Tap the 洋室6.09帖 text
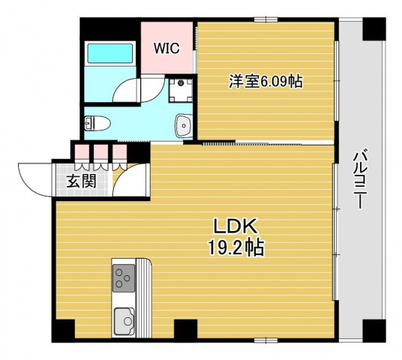tap(265, 82)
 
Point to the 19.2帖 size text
tap(236, 247)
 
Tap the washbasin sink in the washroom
tap(182, 125)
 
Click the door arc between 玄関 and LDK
tap(129, 181)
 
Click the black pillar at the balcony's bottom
tap(373, 327)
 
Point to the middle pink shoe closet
tap(100, 151)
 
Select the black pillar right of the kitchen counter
tap(185, 328)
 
